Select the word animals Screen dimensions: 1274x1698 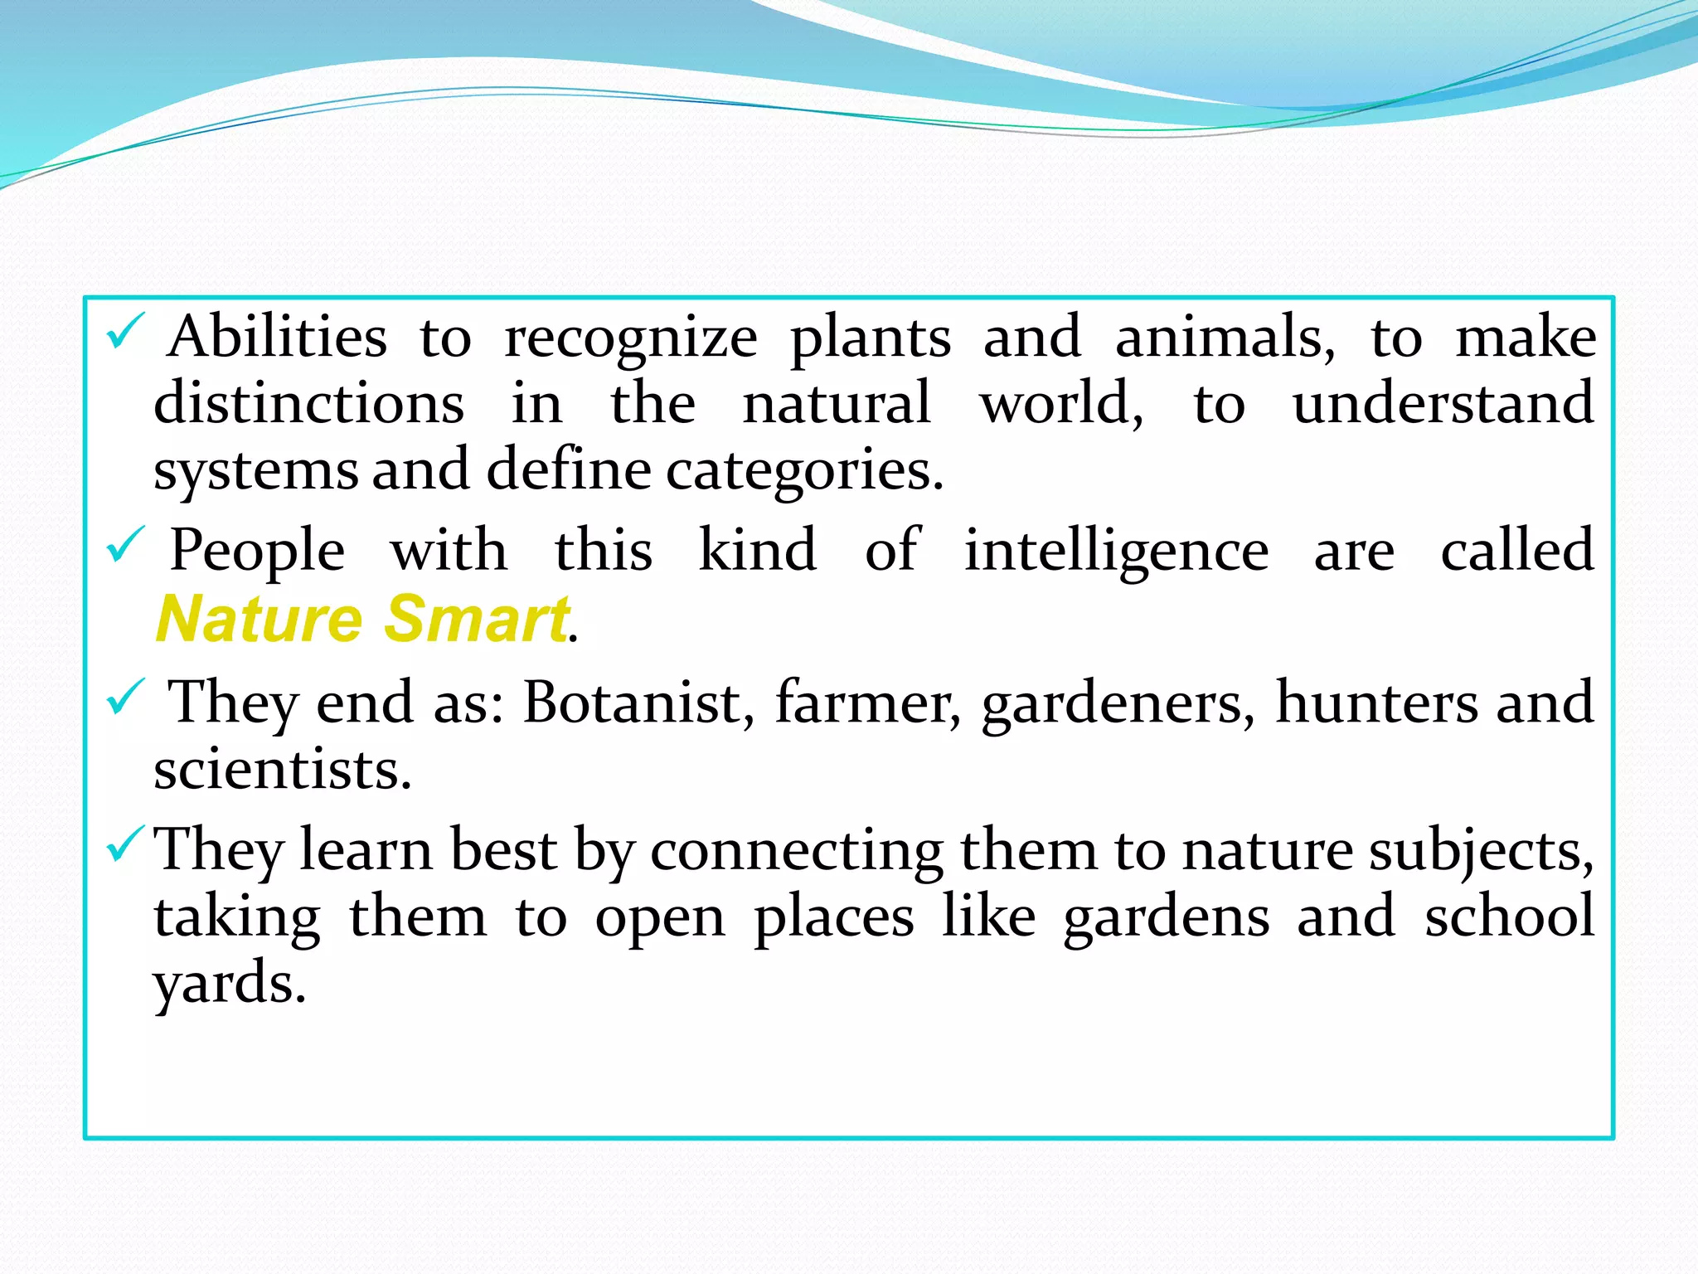1225,338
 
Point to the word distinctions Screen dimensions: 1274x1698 309,404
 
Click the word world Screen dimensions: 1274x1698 1060,404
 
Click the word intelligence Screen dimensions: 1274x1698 1116,552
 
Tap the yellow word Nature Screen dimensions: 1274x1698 260,619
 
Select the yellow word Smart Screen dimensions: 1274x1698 478,619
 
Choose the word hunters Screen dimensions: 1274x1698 1376,703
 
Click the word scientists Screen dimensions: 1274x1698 282,770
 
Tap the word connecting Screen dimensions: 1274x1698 796,852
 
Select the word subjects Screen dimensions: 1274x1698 1481,852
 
